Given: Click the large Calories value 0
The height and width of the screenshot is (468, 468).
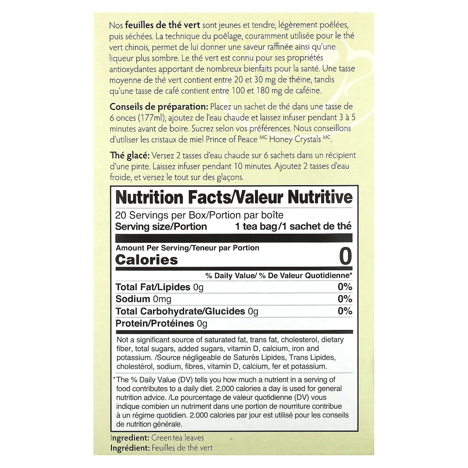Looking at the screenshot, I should [x=345, y=257].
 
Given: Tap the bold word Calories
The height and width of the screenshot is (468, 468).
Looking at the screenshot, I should [x=147, y=260].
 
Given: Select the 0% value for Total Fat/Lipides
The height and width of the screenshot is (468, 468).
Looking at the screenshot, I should [x=345, y=287].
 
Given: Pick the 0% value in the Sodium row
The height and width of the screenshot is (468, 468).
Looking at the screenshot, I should [x=345, y=299].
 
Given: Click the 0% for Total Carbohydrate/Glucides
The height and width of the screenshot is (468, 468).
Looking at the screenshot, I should [x=345, y=311].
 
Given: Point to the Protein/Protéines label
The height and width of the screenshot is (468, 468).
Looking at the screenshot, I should [x=155, y=323].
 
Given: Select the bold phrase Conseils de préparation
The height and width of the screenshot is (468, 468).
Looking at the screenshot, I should [x=159, y=107].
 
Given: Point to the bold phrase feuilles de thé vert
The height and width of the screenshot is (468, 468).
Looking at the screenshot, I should [x=162, y=25].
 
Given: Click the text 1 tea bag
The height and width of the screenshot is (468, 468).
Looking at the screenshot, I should [x=256, y=226].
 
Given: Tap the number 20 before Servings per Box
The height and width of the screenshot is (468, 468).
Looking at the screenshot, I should [x=121, y=215].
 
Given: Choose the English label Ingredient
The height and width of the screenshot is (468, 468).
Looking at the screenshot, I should [x=130, y=438].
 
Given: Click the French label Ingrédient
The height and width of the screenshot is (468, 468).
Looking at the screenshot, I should [x=130, y=448].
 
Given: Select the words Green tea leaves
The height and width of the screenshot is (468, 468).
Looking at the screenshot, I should [x=178, y=438].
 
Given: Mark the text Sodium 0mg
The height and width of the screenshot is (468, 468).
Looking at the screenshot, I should [x=143, y=299].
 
